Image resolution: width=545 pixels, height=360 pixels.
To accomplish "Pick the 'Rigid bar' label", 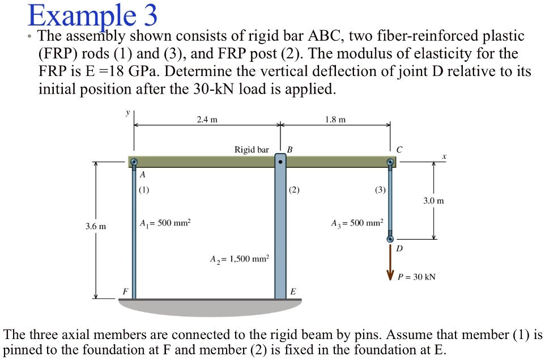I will pos(252,150).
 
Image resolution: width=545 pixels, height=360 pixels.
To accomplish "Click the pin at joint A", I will pos(134,163).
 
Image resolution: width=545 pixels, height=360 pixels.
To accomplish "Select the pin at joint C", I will pos(390,163).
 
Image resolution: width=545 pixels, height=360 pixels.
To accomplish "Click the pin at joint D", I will pos(390,240).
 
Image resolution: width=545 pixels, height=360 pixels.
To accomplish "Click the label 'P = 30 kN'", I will pos(417,277).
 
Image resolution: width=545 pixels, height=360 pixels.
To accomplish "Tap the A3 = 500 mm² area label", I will pos(357,223).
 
